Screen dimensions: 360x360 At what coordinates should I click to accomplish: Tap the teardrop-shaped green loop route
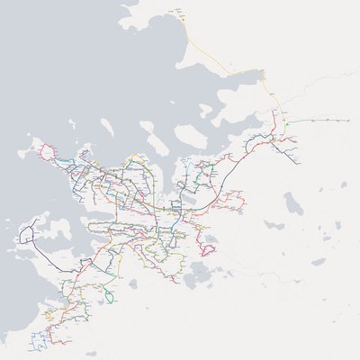point(110,296)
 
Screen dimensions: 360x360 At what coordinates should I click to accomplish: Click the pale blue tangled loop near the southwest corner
point(40,340)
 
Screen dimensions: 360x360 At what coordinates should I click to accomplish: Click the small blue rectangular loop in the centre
point(176,208)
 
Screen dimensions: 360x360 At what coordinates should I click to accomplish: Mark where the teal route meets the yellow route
point(285,120)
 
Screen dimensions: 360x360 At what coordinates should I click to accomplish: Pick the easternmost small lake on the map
point(344,184)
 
